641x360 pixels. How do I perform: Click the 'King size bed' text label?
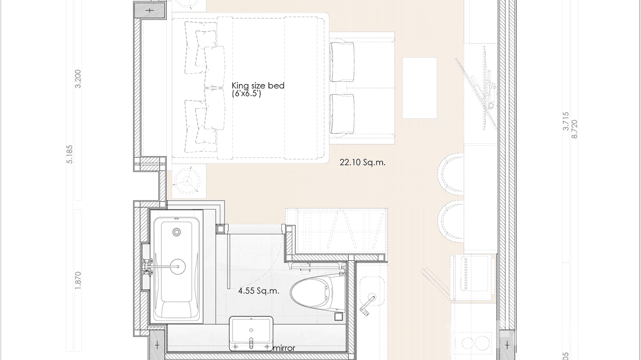(258, 86)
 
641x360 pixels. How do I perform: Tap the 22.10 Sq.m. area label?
(363, 162)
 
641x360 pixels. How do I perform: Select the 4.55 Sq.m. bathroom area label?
(258, 290)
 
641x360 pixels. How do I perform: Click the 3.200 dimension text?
(78, 78)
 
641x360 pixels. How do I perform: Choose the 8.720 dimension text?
(574, 129)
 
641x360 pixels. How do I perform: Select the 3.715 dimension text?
(566, 121)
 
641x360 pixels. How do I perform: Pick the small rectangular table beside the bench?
(419, 88)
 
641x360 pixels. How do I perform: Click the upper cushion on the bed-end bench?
(342, 62)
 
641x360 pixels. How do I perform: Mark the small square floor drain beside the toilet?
(339, 316)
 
